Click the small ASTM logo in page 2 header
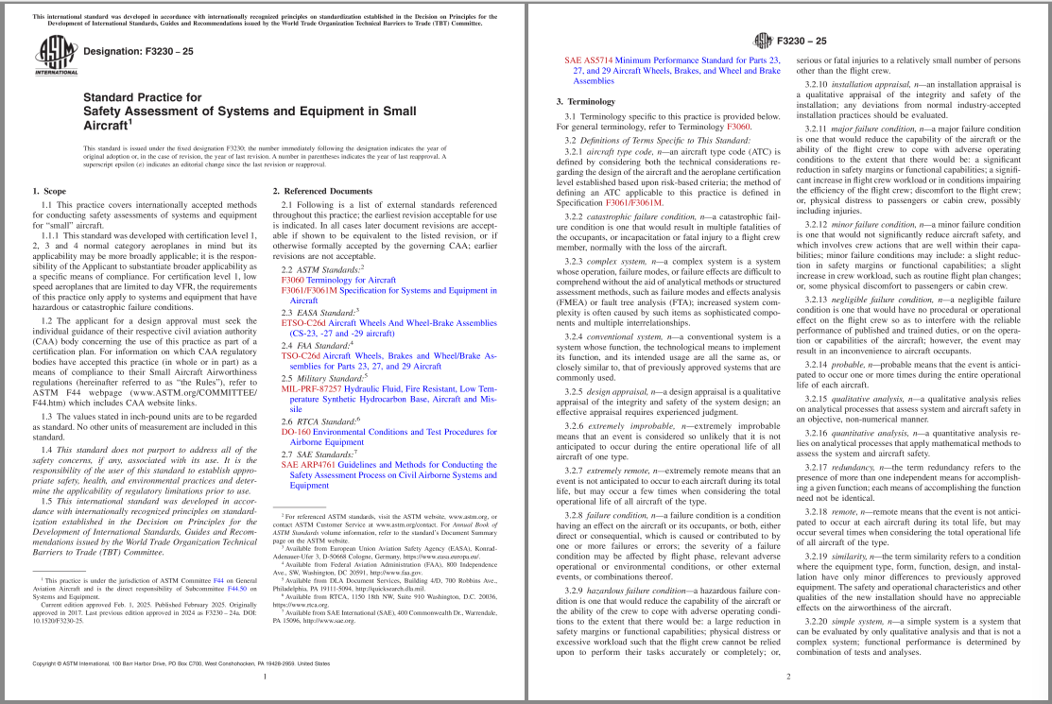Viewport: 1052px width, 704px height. pyautogui.click(x=764, y=42)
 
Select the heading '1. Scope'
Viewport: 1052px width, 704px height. pyautogui.click(x=50, y=191)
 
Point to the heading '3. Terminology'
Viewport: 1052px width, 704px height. pyautogui.click(x=585, y=100)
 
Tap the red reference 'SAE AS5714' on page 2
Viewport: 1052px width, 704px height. pyautogui.click(x=586, y=60)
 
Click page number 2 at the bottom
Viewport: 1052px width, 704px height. pyautogui.click(x=788, y=677)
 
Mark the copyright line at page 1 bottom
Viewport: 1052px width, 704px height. pyautogui.click(x=181, y=664)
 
